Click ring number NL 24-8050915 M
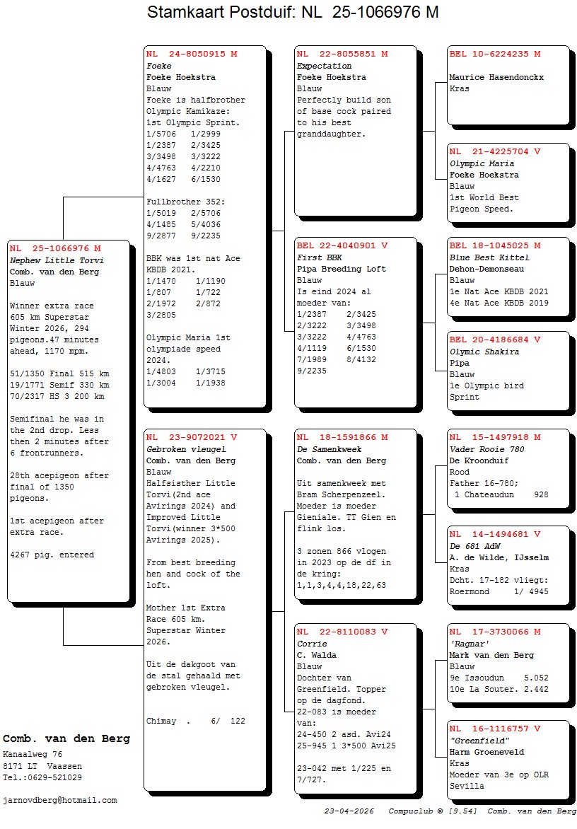coord(192,54)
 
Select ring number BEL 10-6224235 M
coord(495,54)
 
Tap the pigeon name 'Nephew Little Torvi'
coord(57,260)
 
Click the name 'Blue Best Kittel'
coord(489,257)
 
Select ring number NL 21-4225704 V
coord(495,151)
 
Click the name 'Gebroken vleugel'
coord(186,449)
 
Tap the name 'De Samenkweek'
coord(330,449)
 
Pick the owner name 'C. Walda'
coord(317,655)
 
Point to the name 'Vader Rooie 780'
coord(486,449)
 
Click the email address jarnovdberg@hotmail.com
coord(60,800)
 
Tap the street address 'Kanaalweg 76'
coord(33,755)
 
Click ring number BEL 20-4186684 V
coord(495,340)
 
